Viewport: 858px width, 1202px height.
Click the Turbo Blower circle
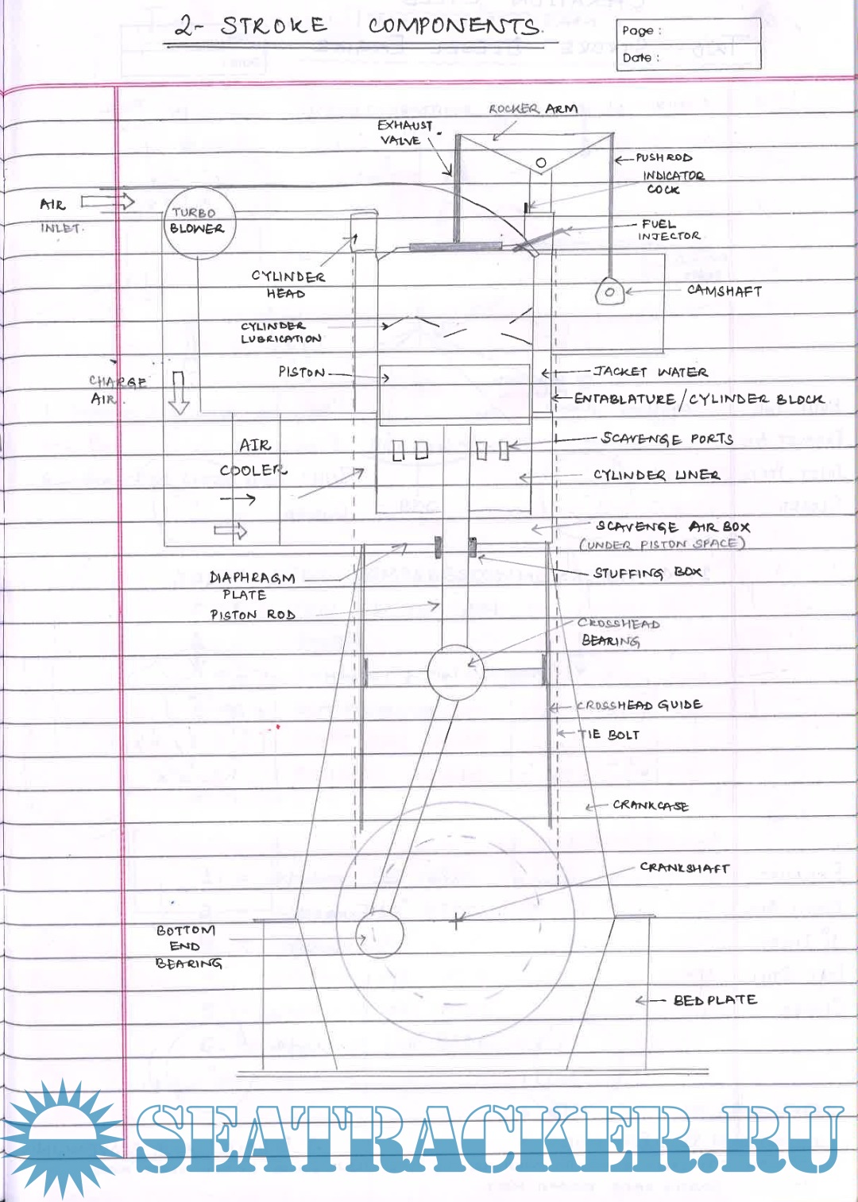(x=196, y=222)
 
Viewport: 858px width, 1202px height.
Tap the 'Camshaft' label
(x=724, y=292)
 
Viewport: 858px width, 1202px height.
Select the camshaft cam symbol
(x=609, y=292)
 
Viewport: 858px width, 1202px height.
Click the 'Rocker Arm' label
(x=532, y=109)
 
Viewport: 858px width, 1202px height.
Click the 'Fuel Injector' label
(x=668, y=230)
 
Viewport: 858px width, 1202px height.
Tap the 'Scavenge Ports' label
(x=667, y=439)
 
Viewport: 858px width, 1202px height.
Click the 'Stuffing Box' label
(x=647, y=573)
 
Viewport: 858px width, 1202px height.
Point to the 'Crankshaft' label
(x=684, y=868)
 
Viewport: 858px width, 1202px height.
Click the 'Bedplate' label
(x=714, y=1000)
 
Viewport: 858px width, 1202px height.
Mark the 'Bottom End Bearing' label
(x=188, y=946)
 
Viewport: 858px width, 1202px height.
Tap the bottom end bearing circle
(x=379, y=934)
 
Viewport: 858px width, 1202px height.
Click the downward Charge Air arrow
(x=179, y=392)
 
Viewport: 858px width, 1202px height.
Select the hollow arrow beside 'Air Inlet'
(x=107, y=202)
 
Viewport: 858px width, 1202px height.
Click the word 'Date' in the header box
(x=636, y=58)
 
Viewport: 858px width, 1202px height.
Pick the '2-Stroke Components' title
(x=357, y=26)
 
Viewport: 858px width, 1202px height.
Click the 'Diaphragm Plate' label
(x=251, y=586)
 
